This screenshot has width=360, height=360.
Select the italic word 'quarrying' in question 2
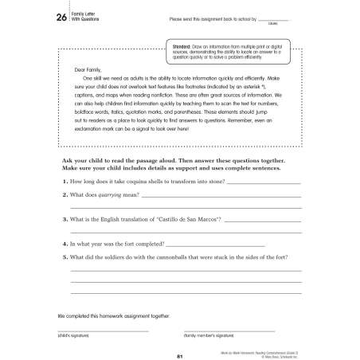pos(122,195)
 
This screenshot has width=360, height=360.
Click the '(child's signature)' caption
pos(73,336)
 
